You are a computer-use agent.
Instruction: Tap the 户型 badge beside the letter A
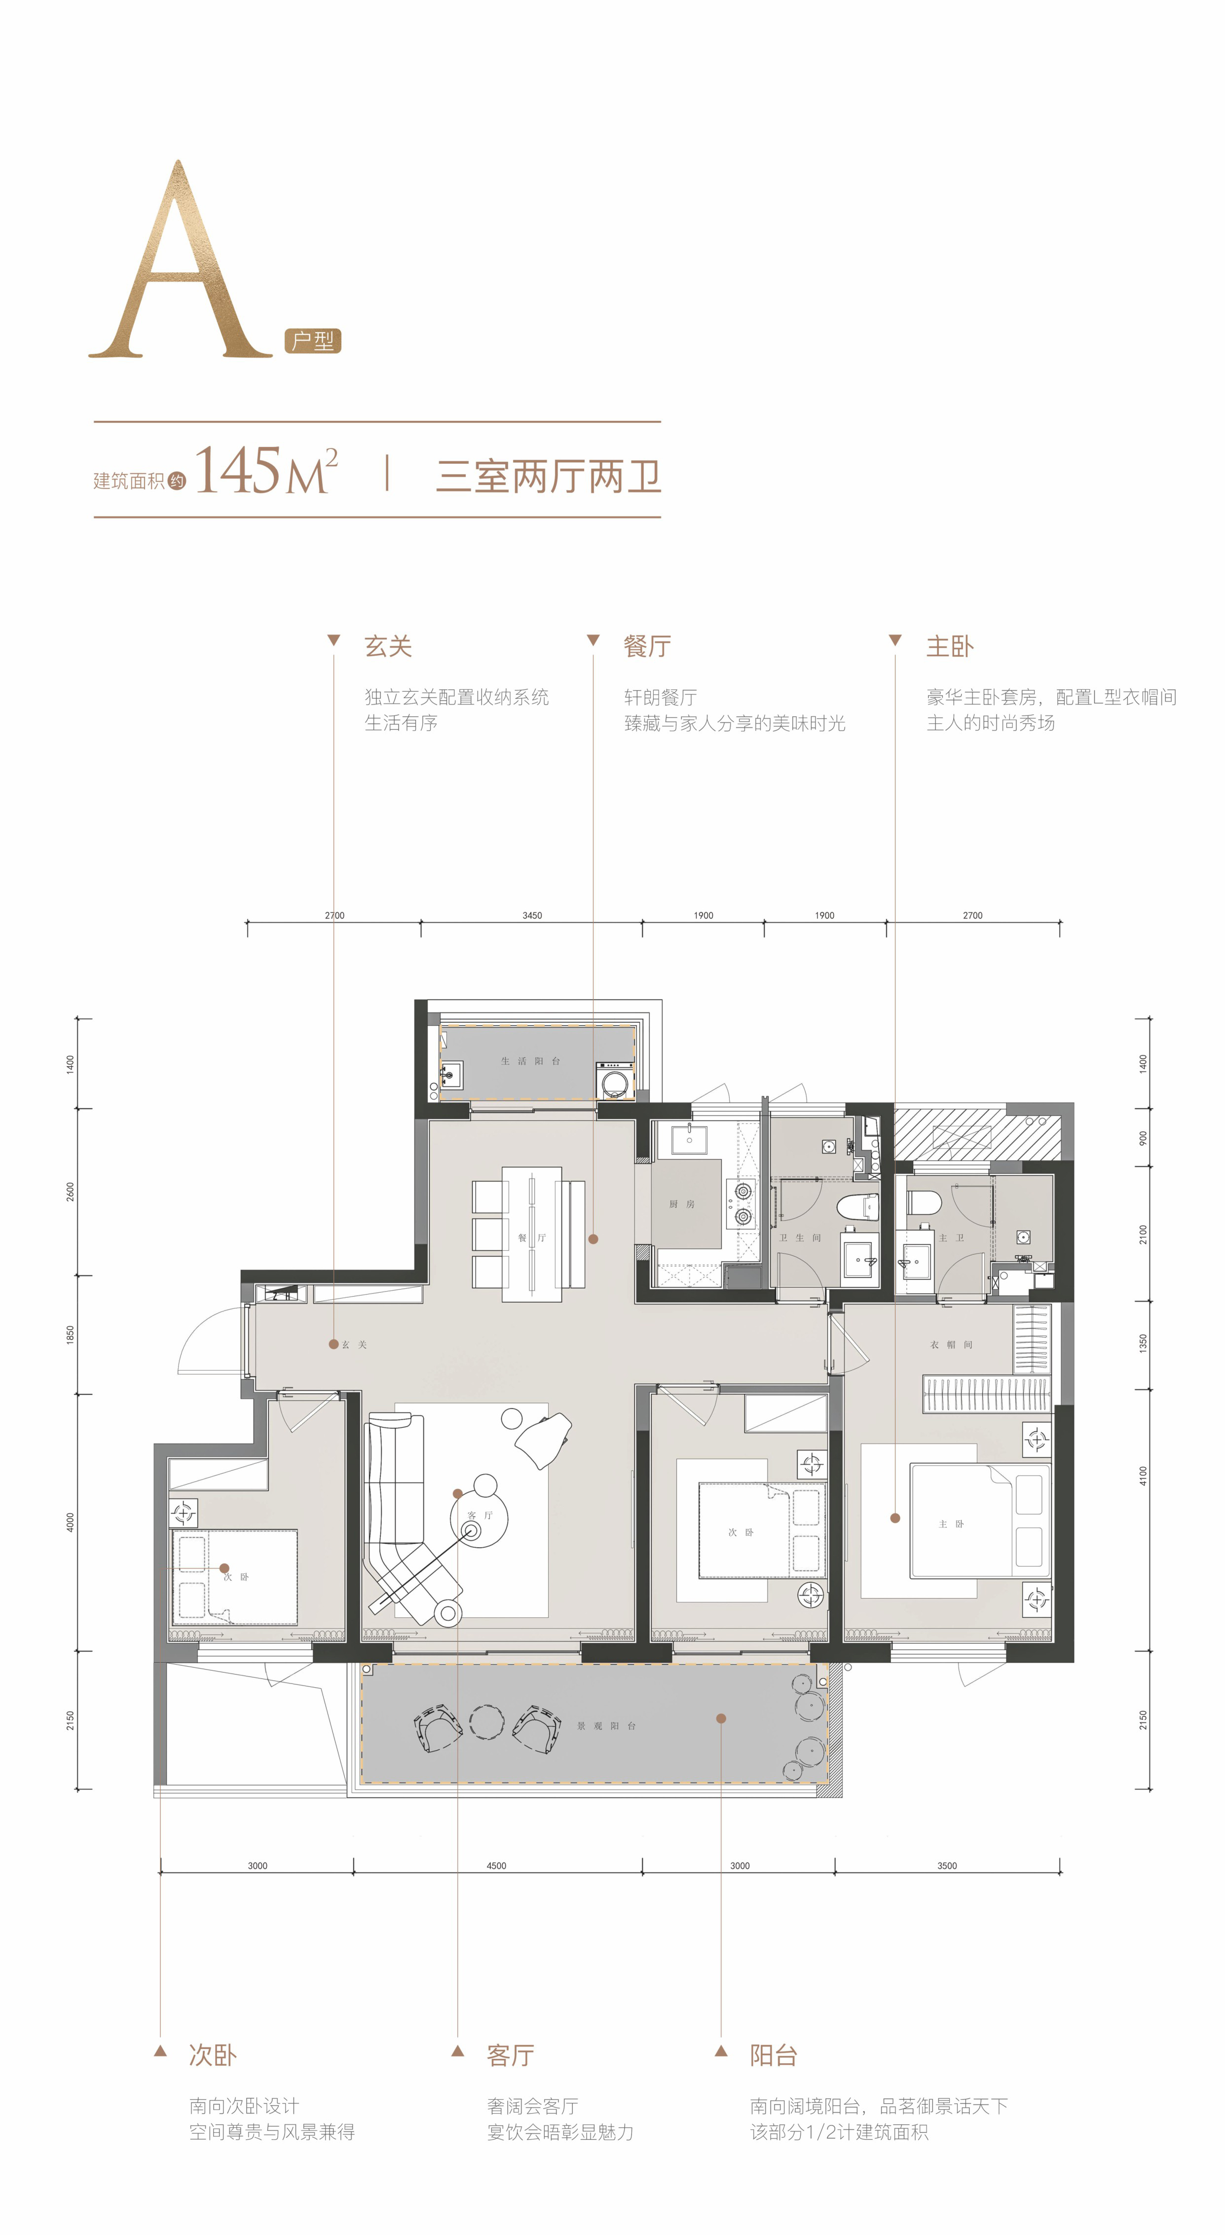click(313, 341)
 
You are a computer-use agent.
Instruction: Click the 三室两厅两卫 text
click(548, 476)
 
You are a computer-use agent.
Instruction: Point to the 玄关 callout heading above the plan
click(388, 646)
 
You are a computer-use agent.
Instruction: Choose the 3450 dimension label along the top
click(532, 915)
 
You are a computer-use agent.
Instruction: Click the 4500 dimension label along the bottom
click(496, 1865)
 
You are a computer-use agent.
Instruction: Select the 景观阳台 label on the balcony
click(606, 1726)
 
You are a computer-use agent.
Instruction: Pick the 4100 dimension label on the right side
click(1143, 1476)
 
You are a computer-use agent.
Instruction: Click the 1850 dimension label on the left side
click(70, 1335)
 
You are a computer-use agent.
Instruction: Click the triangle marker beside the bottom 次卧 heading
click(160, 2051)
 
